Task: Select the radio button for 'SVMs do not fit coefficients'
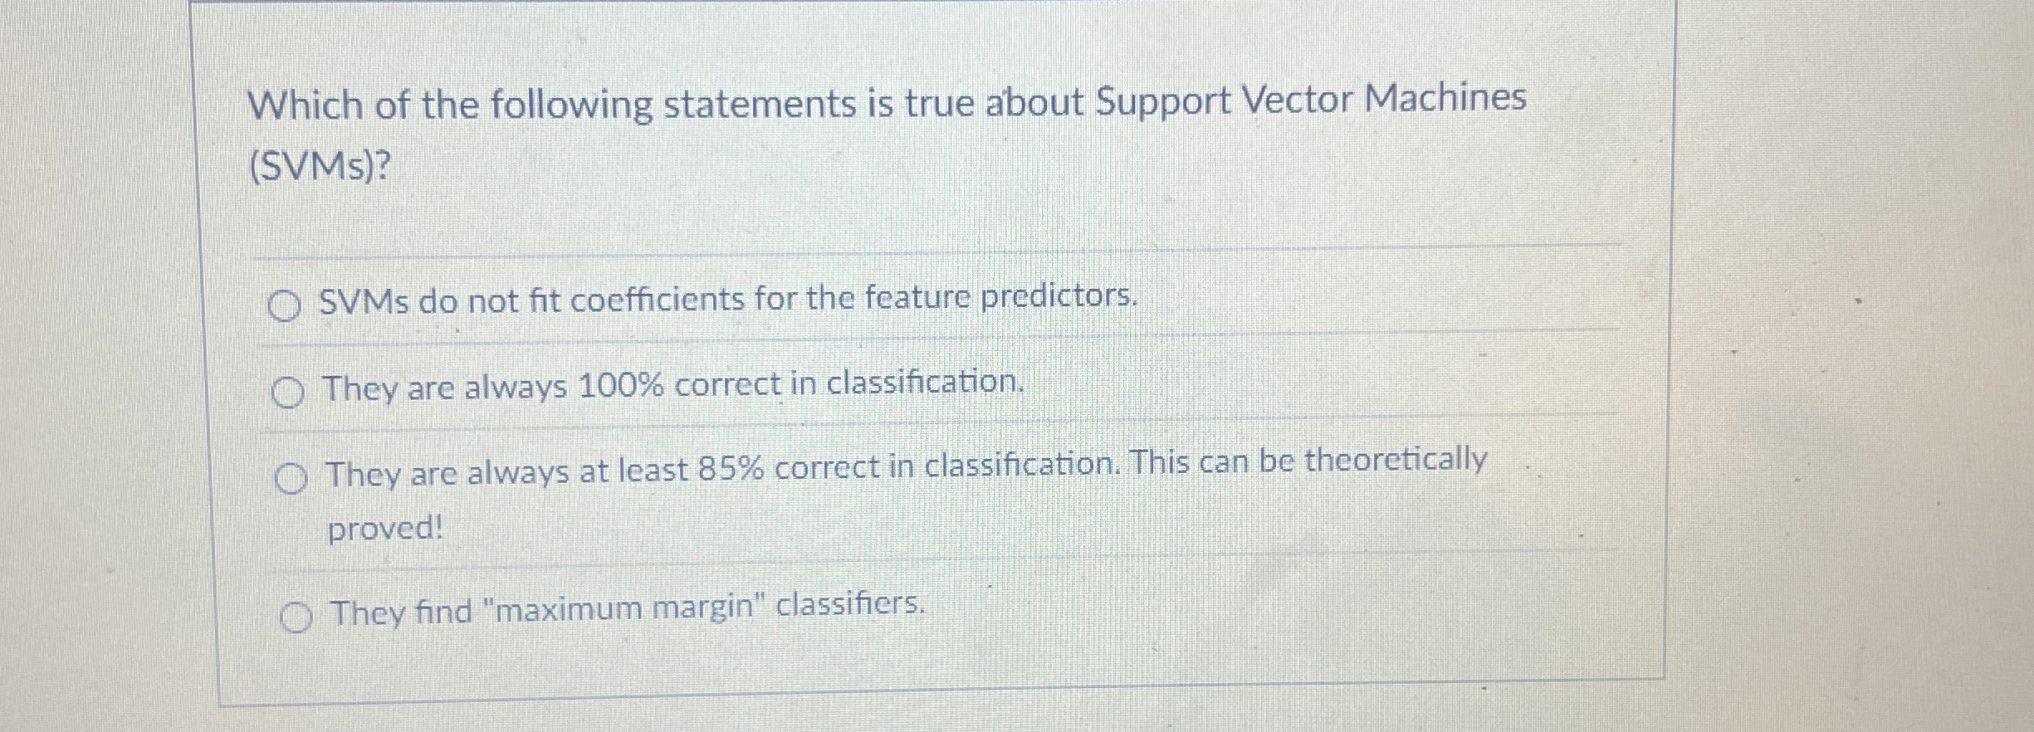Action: coord(284,306)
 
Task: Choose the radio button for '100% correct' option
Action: coord(287,393)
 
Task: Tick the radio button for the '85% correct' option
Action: coord(291,479)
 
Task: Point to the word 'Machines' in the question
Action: coord(1445,97)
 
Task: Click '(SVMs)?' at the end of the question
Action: coord(320,167)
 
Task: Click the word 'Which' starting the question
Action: coord(306,106)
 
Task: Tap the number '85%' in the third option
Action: coord(731,470)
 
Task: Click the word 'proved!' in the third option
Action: coord(385,528)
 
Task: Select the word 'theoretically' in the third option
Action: coord(1396,459)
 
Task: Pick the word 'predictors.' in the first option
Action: coord(1059,295)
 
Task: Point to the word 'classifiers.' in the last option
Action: coord(850,604)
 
